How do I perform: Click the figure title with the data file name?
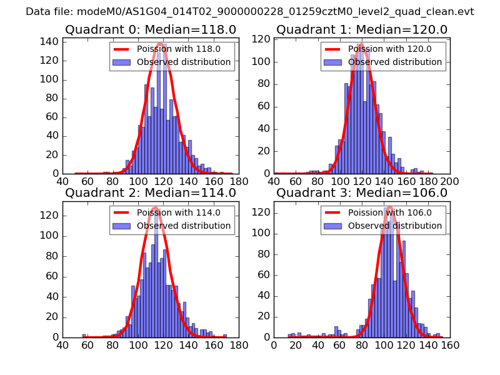[250, 11]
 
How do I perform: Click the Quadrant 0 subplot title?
[150, 29]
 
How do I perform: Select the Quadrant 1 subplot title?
[361, 29]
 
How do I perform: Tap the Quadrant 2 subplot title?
[150, 192]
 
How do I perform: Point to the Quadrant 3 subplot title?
[361, 192]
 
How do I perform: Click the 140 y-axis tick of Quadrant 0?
[51, 42]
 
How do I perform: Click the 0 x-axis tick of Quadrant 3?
[274, 344]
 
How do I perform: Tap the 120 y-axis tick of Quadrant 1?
[262, 39]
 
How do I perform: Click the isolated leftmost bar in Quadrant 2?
[84, 336]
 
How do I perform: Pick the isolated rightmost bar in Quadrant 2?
[225, 336]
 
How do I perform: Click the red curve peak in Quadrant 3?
[389, 207]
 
